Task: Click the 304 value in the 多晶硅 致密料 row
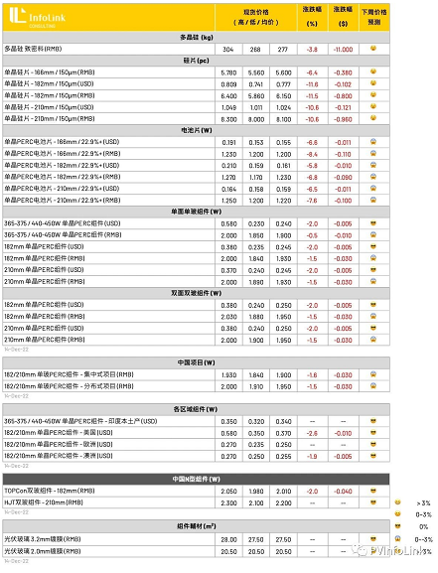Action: tap(227, 48)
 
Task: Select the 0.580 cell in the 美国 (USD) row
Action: tap(227, 432)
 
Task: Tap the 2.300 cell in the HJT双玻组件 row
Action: tap(227, 502)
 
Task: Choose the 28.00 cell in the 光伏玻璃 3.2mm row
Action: tap(227, 538)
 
